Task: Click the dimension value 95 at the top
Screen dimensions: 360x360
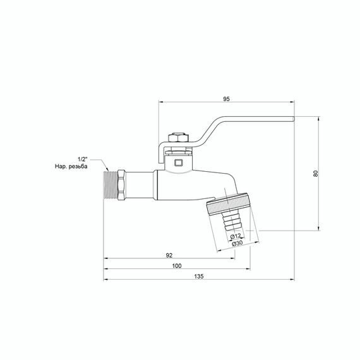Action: pyautogui.click(x=226, y=99)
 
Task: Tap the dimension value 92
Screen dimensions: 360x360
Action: pyautogui.click(x=169, y=255)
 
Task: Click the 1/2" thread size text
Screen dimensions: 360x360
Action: pyautogui.click(x=83, y=158)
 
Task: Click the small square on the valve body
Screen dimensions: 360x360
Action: pyautogui.click(x=177, y=163)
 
